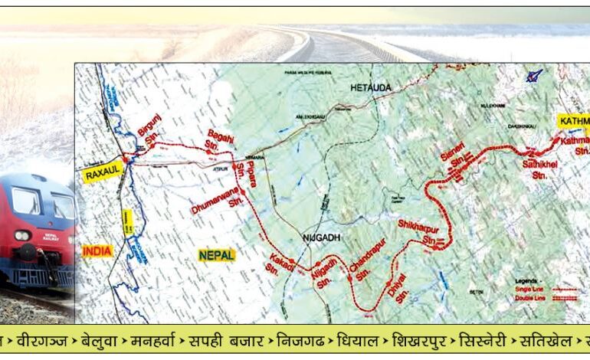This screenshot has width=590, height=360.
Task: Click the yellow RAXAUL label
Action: point(103,173)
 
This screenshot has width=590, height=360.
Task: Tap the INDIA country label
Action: point(97,250)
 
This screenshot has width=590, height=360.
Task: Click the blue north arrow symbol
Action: point(533,76)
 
